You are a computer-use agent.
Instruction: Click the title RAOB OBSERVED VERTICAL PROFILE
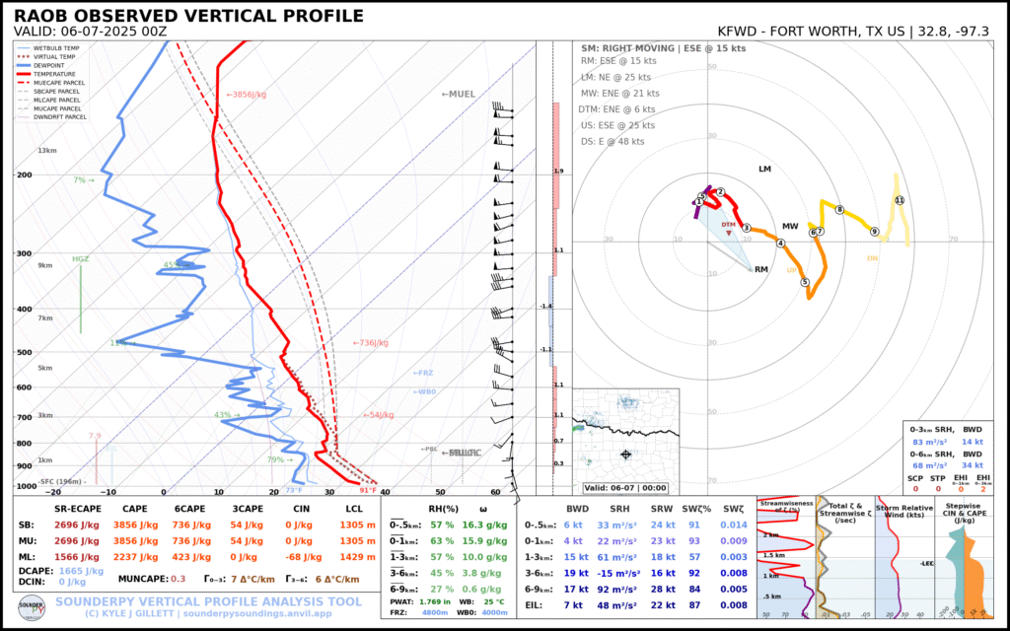[x=188, y=17]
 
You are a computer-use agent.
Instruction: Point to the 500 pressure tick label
[x=25, y=353]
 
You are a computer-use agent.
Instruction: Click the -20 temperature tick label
[x=52, y=492]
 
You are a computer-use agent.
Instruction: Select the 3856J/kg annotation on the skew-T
[x=248, y=95]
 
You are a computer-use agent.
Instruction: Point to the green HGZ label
[x=80, y=259]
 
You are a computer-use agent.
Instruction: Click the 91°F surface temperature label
[x=368, y=490]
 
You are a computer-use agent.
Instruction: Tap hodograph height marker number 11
[x=899, y=200]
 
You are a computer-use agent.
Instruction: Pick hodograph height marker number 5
[x=805, y=282]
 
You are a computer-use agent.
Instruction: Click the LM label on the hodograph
[x=764, y=170]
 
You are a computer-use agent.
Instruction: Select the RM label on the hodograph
[x=760, y=269]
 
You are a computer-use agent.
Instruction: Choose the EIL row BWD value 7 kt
[x=573, y=603]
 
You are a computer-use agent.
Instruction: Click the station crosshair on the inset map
[x=625, y=455]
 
